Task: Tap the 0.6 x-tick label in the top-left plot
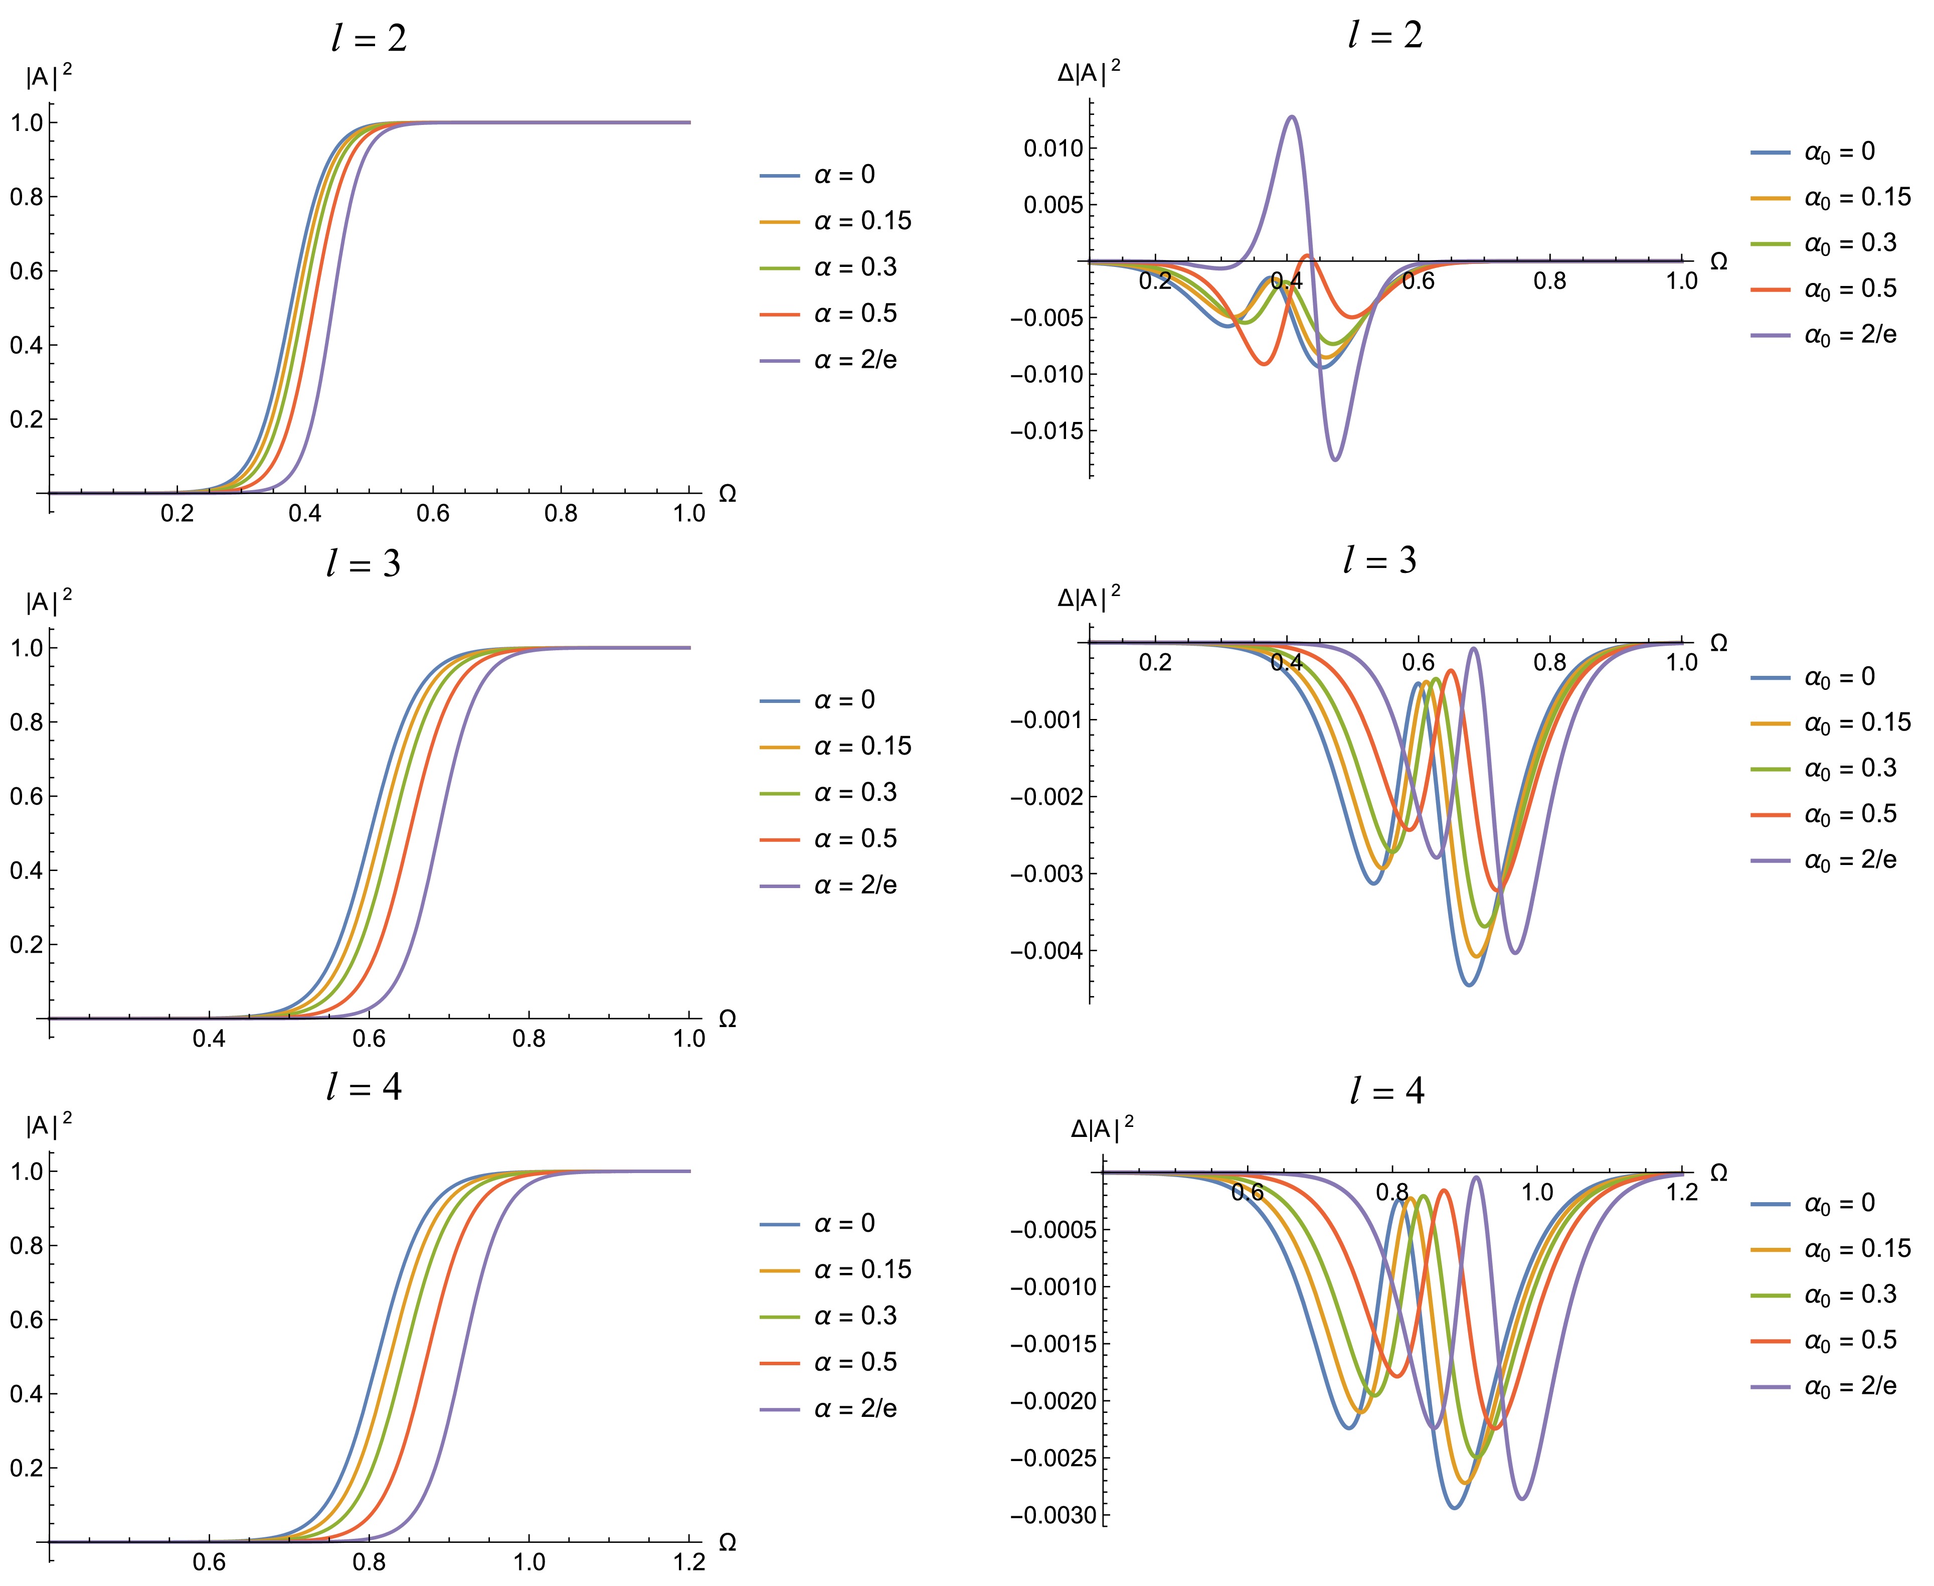pyautogui.click(x=433, y=513)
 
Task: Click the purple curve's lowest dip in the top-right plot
pyautogui.click(x=1335, y=460)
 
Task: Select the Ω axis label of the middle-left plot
pyautogui.click(x=728, y=1019)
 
